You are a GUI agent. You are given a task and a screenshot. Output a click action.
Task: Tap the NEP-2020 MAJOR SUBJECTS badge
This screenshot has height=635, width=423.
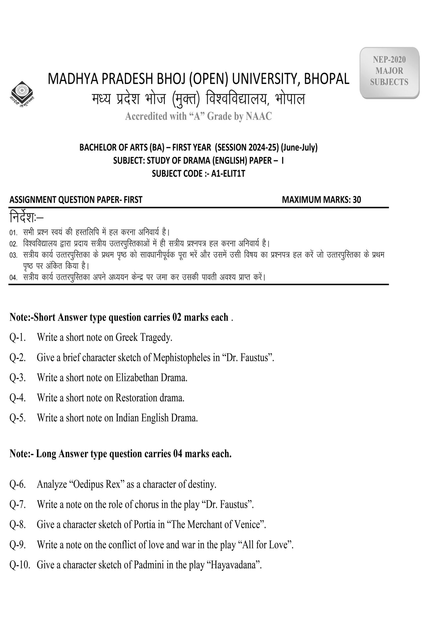(x=389, y=71)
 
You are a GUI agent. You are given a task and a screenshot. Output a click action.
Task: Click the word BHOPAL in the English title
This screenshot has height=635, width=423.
(x=327, y=79)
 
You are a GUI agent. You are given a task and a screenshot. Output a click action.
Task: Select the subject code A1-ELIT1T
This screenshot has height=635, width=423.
(x=228, y=173)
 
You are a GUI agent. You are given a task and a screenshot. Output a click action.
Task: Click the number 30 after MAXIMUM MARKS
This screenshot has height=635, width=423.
(x=357, y=200)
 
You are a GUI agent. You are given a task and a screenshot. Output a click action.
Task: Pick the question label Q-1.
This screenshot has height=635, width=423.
(x=17, y=338)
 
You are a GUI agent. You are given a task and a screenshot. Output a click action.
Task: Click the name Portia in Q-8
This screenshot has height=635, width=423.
(x=145, y=524)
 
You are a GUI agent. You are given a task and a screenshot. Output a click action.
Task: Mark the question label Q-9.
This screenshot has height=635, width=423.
(x=17, y=545)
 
